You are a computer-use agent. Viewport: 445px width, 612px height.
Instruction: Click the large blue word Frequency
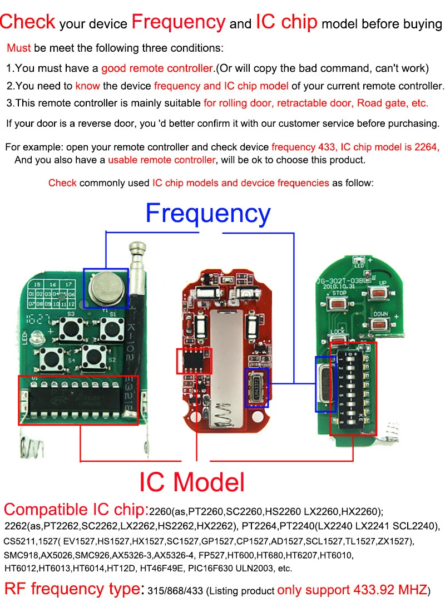(207, 214)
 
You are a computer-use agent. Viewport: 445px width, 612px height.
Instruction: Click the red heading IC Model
(192, 482)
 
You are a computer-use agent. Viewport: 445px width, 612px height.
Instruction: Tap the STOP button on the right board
(339, 304)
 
